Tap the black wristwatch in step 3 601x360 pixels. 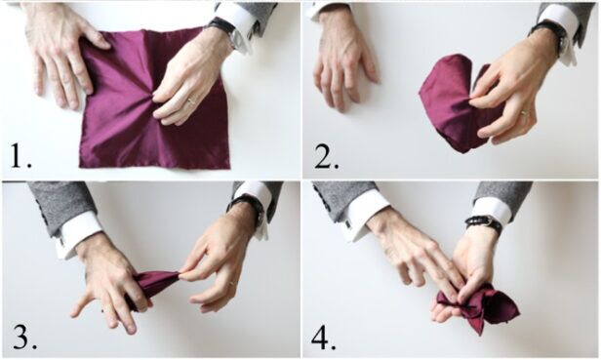click(250, 205)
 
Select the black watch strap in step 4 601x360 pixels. click(483, 223)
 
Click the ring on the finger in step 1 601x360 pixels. click(191, 100)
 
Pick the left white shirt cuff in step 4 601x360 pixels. click(365, 213)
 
